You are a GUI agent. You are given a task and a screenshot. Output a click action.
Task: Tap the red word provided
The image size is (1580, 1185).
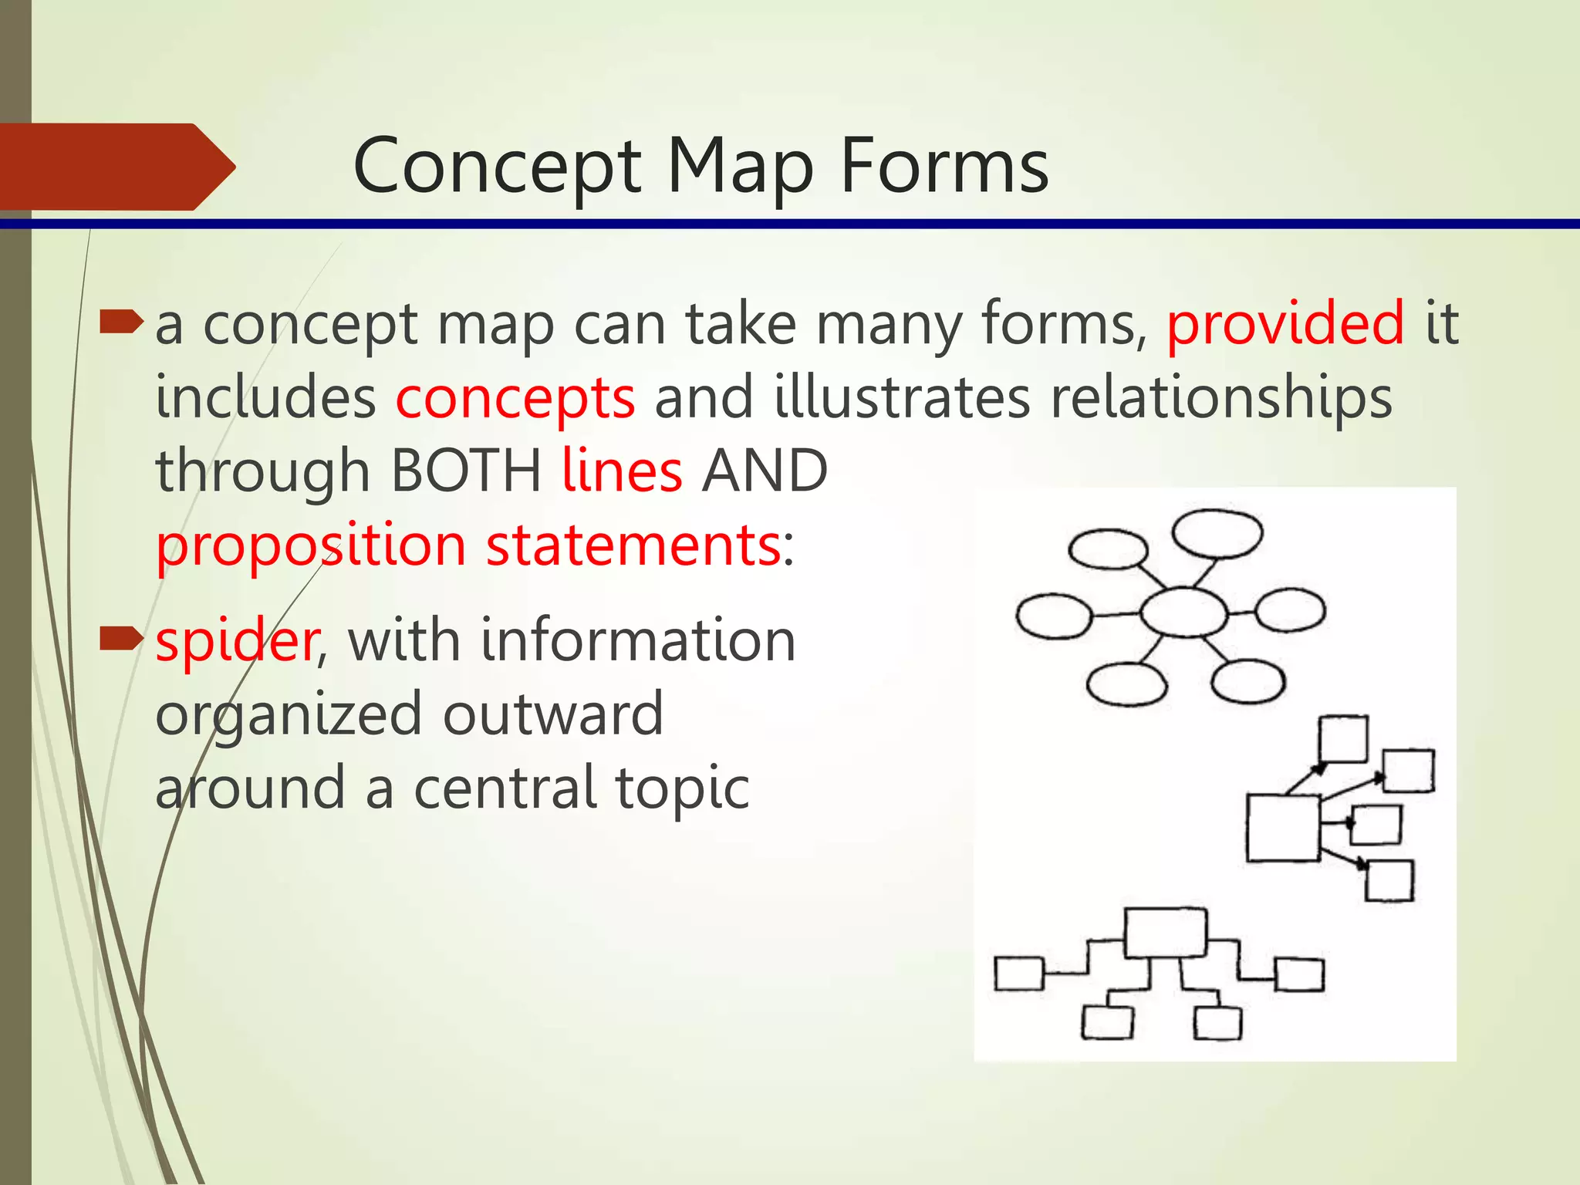pos(1285,324)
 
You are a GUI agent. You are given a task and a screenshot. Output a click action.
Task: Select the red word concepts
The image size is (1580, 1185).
pos(515,399)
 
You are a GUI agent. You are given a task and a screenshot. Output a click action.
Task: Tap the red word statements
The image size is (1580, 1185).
pos(633,545)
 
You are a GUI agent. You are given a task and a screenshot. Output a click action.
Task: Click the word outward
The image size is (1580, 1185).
pos(552,714)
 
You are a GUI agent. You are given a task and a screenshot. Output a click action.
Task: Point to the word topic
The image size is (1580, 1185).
pos(682,788)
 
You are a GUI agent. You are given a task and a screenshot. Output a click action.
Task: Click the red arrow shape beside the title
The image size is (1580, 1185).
pos(116,167)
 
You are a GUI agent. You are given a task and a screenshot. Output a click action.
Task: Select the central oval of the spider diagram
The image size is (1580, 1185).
pos(1183,613)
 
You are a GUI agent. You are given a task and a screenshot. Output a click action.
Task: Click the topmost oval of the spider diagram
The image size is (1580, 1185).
pos(1217,533)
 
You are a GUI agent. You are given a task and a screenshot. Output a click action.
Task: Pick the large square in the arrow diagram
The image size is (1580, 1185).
pos(1282,828)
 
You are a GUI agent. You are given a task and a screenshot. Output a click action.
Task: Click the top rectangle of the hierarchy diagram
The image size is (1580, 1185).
pos(1165,933)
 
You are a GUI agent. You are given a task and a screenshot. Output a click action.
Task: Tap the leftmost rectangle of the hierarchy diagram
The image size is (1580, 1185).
pos(1018,973)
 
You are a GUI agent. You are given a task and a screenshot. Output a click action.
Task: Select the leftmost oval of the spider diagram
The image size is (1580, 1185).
pos(1053,616)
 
